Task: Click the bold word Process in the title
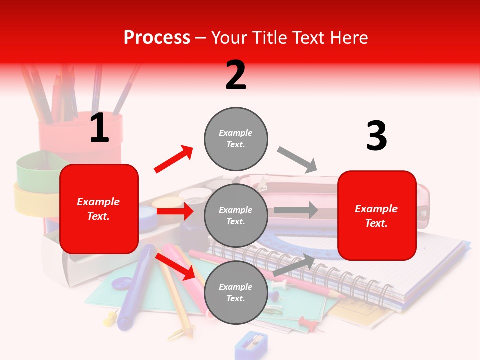point(157,38)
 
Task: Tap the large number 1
point(99,128)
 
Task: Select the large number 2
point(236,75)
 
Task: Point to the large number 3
point(376,136)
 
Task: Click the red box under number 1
point(99,209)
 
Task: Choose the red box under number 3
point(377,215)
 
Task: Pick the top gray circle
point(236,139)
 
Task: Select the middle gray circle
point(236,215)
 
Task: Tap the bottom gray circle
point(236,292)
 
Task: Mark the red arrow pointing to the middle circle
point(175,212)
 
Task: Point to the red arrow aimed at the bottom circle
point(175,266)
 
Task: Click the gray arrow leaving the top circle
point(297,160)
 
